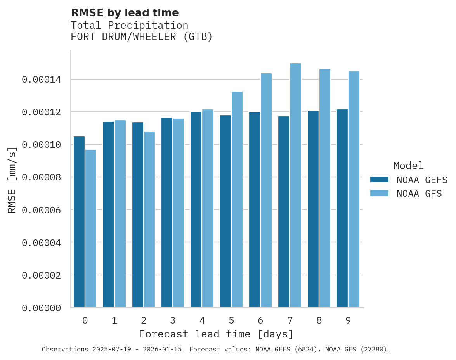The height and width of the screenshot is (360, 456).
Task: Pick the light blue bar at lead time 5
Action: [x=237, y=199]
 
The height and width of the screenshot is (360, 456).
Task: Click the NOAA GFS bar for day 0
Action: [x=91, y=228]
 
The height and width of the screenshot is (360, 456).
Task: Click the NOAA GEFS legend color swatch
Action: [x=379, y=180]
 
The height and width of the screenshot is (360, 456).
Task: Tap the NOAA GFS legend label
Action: [x=419, y=194]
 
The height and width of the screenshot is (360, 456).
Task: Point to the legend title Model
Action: [x=408, y=166]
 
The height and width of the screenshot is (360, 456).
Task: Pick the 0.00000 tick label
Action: [x=42, y=308]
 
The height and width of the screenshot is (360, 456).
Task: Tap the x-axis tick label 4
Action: [x=202, y=321]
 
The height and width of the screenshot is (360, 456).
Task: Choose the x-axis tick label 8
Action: [x=319, y=321]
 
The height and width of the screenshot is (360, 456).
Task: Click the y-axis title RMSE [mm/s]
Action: [x=12, y=180]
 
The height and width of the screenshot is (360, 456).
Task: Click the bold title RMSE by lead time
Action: [x=125, y=13]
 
